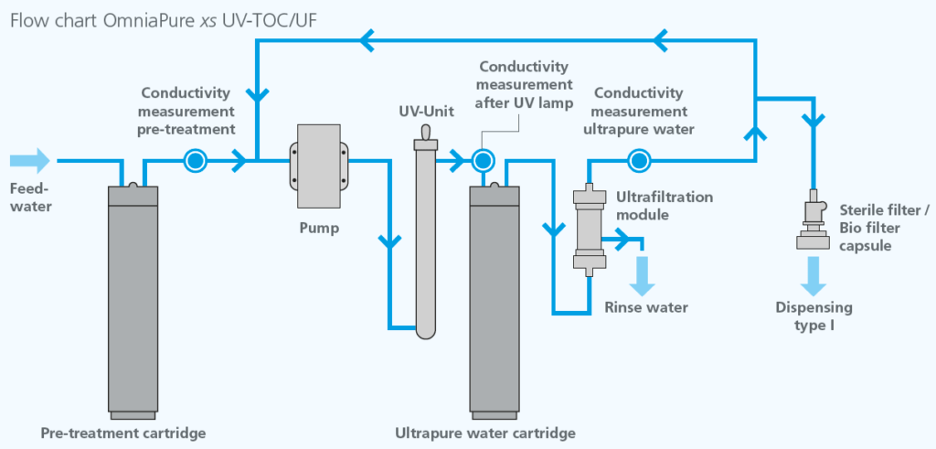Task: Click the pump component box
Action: [x=318, y=166]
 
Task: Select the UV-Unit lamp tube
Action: [x=423, y=238]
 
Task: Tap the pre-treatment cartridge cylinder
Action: [x=144, y=297]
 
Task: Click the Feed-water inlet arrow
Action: [x=30, y=162]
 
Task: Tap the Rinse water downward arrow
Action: [x=642, y=274]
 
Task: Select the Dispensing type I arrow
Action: [x=810, y=273]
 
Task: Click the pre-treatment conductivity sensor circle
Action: [x=195, y=162]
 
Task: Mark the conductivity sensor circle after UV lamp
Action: [x=482, y=162]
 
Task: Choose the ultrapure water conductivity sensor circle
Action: [x=638, y=162]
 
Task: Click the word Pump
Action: [x=318, y=228]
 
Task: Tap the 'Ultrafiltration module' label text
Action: [x=665, y=205]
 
